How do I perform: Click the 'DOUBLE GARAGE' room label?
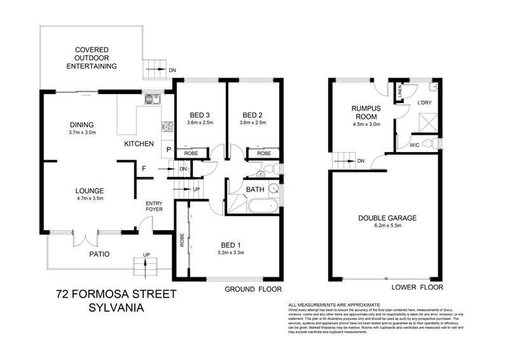(x=386, y=218)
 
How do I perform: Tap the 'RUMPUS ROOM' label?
(x=366, y=113)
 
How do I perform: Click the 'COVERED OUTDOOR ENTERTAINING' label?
(x=91, y=57)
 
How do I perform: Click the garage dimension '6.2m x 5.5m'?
(x=386, y=226)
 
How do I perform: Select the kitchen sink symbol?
(x=151, y=99)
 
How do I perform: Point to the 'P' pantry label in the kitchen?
(x=168, y=149)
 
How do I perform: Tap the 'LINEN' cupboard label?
(x=401, y=92)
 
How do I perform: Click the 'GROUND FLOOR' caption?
(x=253, y=289)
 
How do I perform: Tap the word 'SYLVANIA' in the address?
(x=115, y=307)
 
